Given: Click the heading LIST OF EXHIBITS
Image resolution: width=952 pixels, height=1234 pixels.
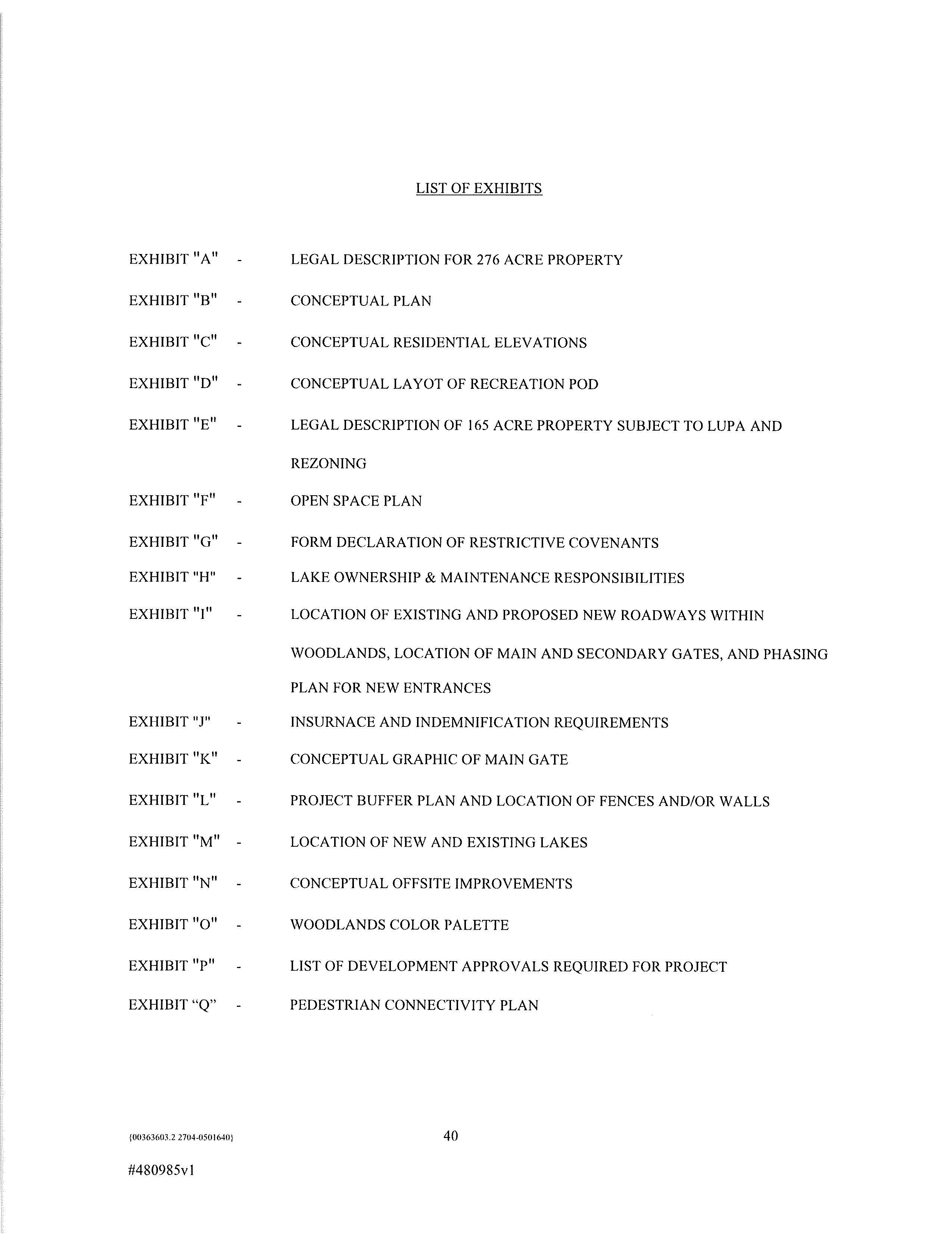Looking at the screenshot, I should pyautogui.click(x=479, y=188).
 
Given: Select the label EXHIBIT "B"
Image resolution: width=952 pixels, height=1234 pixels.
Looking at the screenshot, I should pyautogui.click(x=173, y=301).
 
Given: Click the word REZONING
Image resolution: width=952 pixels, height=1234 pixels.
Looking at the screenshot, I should pyautogui.click(x=328, y=463).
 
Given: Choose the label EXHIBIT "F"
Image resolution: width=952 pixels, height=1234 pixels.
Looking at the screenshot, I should pyautogui.click(x=172, y=500).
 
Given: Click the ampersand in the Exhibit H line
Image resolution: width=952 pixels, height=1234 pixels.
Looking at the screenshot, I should pyautogui.click(x=430, y=578).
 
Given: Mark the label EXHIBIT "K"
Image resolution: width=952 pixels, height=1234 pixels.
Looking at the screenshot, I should pyautogui.click(x=173, y=759).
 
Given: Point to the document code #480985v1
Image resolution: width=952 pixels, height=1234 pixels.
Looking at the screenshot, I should pyautogui.click(x=162, y=1170).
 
